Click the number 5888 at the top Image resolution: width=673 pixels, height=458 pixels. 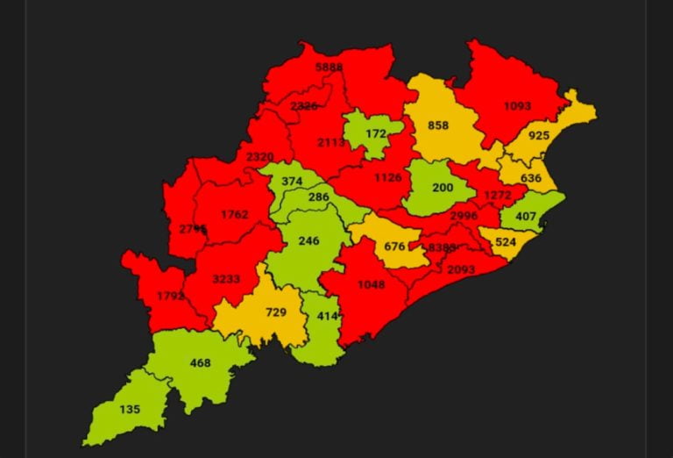tap(329, 67)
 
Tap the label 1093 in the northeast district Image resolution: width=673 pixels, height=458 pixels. tap(517, 106)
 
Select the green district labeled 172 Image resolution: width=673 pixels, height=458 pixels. tap(376, 134)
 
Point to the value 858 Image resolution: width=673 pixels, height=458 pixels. tap(438, 125)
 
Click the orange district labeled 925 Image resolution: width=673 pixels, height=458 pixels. tap(539, 136)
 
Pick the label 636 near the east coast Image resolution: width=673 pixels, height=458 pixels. tap(531, 179)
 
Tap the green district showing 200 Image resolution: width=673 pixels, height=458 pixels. tap(443, 189)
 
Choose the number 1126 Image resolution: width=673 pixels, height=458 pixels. tap(387, 177)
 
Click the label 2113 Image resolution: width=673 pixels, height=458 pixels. tap(330, 142)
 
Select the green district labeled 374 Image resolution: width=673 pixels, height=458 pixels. tap(292, 181)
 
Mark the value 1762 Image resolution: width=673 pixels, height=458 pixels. tap(235, 214)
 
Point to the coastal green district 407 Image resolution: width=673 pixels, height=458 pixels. tap(526, 216)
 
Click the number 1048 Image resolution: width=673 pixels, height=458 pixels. tap(371, 283)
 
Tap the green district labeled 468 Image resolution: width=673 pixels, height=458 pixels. tap(202, 362)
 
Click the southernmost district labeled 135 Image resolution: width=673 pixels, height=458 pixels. tap(129, 408)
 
